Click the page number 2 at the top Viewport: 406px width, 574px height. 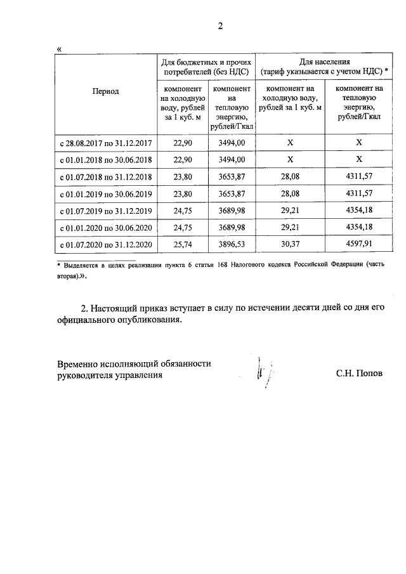[x=220, y=26]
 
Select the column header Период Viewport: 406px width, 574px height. [x=105, y=91]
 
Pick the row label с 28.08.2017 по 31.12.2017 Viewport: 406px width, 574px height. [x=105, y=143]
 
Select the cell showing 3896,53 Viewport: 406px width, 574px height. [x=232, y=245]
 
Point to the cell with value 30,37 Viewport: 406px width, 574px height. [x=290, y=245]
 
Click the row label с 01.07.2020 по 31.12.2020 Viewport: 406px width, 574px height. [x=105, y=245]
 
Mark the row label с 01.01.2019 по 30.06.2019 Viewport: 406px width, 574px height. [x=105, y=193]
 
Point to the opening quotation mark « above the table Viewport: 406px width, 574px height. [x=59, y=49]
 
